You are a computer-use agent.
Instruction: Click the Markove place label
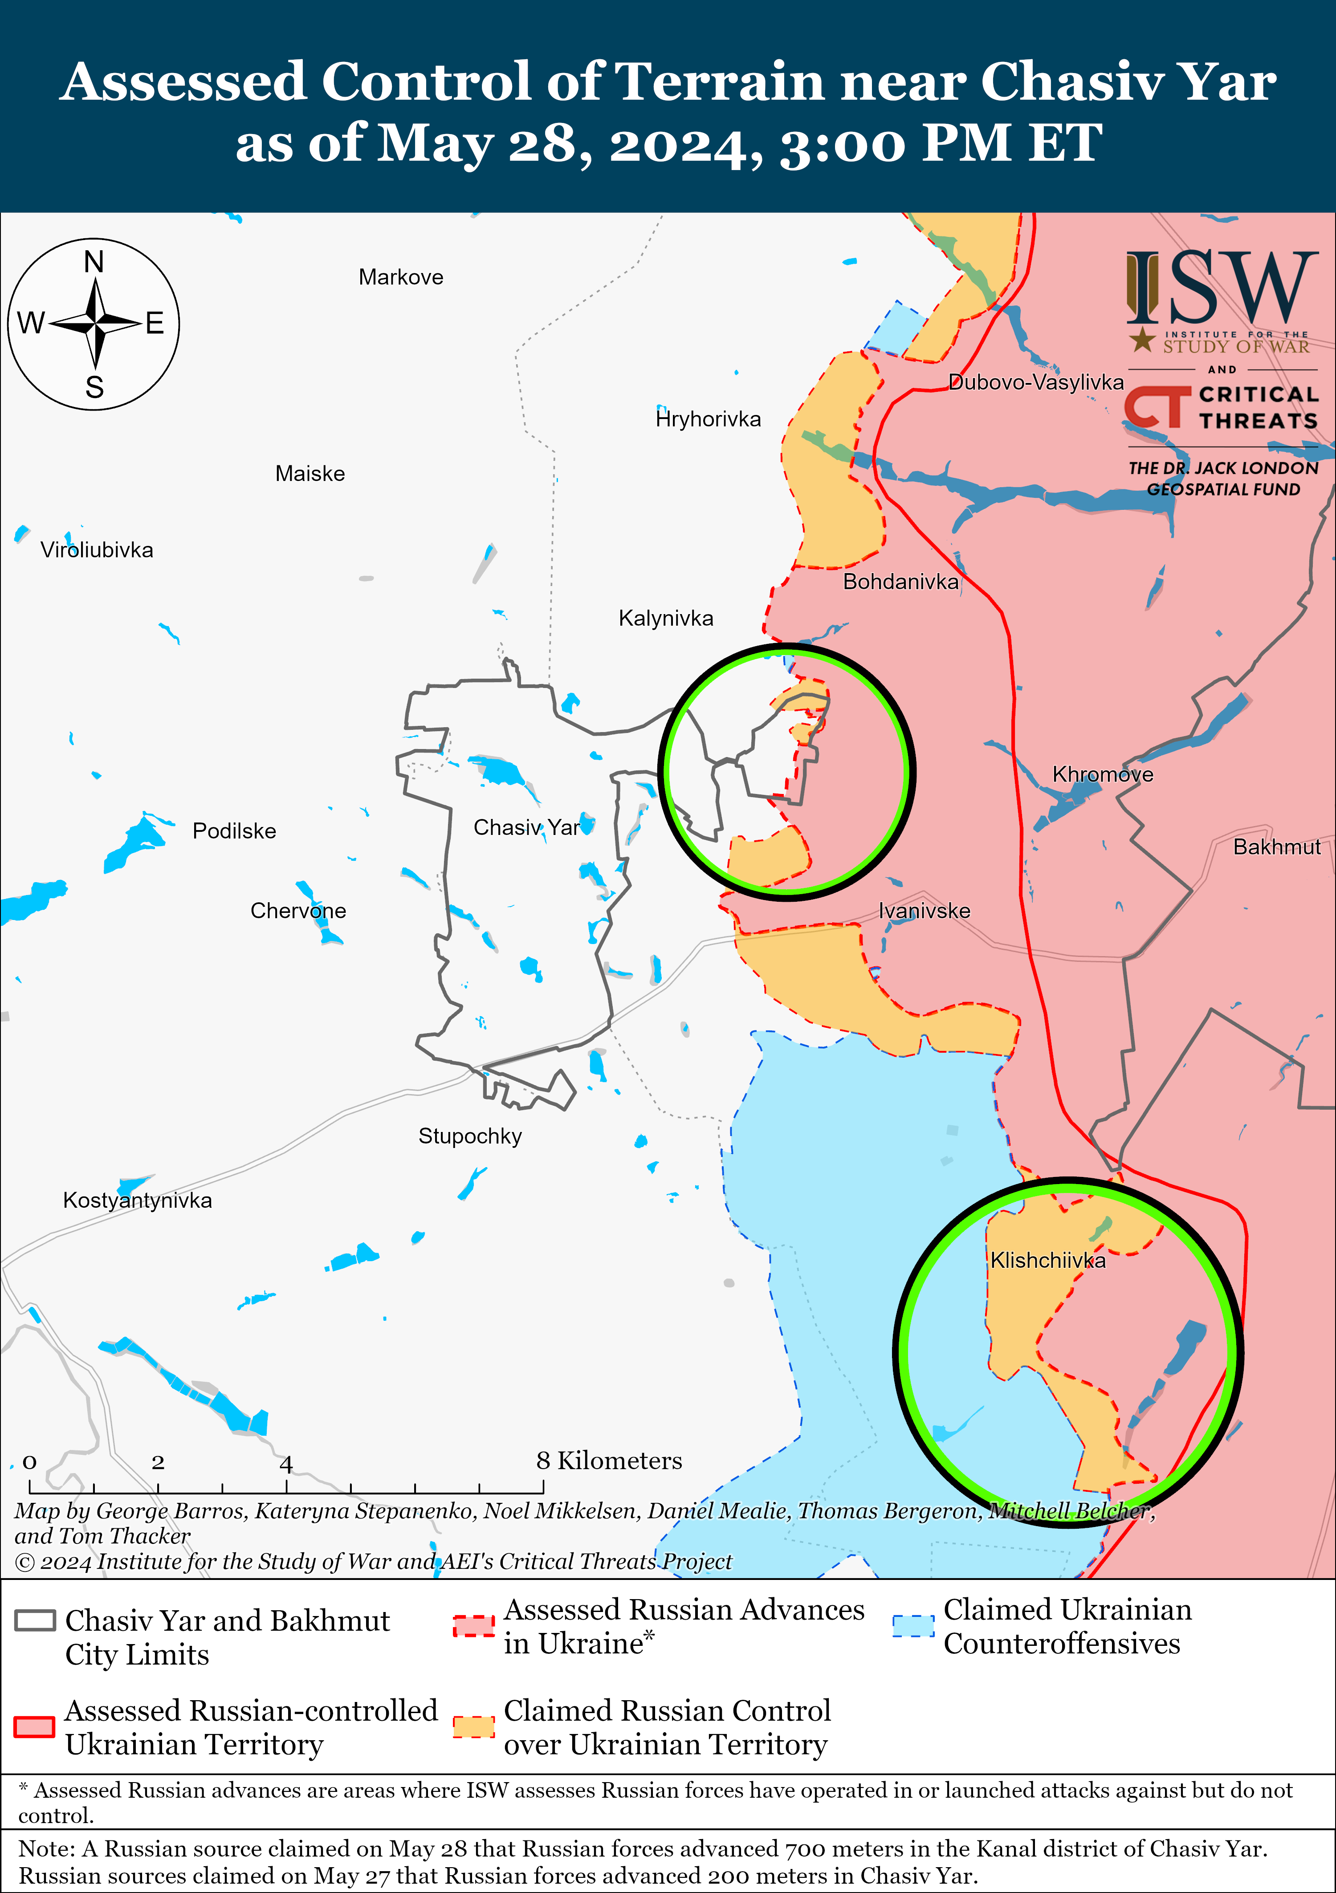coord(401,277)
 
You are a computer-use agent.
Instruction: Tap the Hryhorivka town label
coord(708,419)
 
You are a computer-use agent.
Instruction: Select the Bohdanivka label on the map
coord(900,582)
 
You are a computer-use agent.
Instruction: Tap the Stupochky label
coord(470,1136)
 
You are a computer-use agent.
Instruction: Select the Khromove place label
coord(1103,774)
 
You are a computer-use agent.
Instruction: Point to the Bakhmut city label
coord(1277,847)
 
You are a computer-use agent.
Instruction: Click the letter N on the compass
coord(94,262)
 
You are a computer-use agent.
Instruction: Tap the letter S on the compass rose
coord(95,387)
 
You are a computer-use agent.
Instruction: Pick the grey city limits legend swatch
coord(36,1620)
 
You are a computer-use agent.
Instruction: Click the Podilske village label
coord(234,831)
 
